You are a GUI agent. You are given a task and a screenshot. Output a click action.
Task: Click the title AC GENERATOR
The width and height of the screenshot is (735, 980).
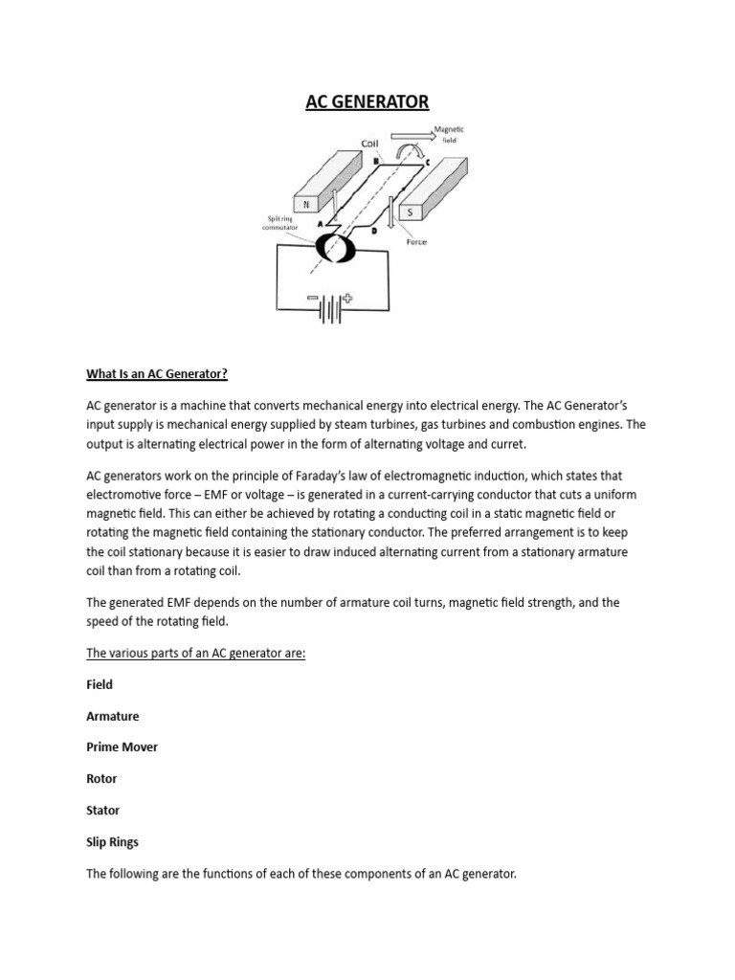(x=367, y=101)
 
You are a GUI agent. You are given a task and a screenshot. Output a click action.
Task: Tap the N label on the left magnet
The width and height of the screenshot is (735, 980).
(x=305, y=205)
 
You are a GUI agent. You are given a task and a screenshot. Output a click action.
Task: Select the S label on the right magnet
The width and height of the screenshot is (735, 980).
(x=410, y=212)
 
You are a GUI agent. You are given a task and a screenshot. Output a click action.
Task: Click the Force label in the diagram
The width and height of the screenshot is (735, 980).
(x=415, y=242)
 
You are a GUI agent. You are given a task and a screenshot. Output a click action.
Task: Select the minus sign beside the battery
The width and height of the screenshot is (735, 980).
(x=313, y=300)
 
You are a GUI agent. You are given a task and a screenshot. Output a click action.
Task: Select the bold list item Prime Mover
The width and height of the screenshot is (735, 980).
(x=122, y=746)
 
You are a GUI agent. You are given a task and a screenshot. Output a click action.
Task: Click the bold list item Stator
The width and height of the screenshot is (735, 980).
(x=103, y=810)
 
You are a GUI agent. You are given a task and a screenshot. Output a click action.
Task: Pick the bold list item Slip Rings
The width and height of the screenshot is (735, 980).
(x=113, y=841)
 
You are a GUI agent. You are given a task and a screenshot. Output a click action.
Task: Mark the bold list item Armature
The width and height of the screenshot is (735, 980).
(x=113, y=716)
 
